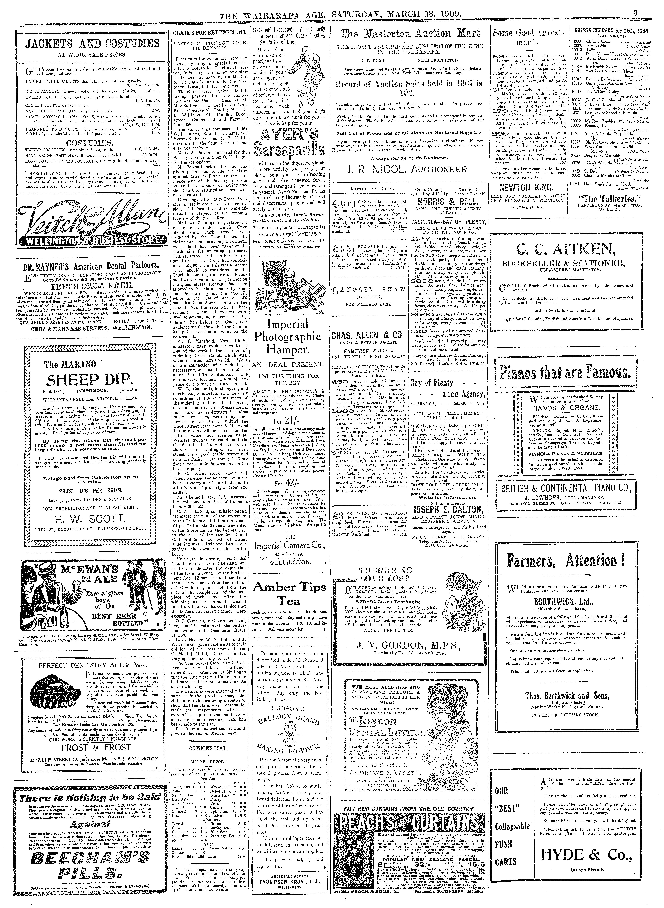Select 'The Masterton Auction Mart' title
click(410, 35)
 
